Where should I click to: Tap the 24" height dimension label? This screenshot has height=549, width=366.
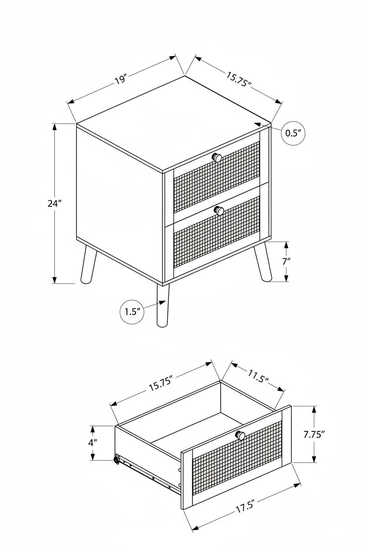pos(54,203)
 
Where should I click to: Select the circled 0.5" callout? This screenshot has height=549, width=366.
pos(293,133)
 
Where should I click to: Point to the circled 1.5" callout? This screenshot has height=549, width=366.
pos(132,312)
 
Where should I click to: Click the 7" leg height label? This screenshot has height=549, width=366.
pos(286,261)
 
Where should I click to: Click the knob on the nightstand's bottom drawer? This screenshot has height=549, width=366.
pos(219,210)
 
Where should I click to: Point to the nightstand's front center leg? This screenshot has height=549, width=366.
pos(162,305)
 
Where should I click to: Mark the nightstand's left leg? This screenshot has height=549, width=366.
pos(88,265)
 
